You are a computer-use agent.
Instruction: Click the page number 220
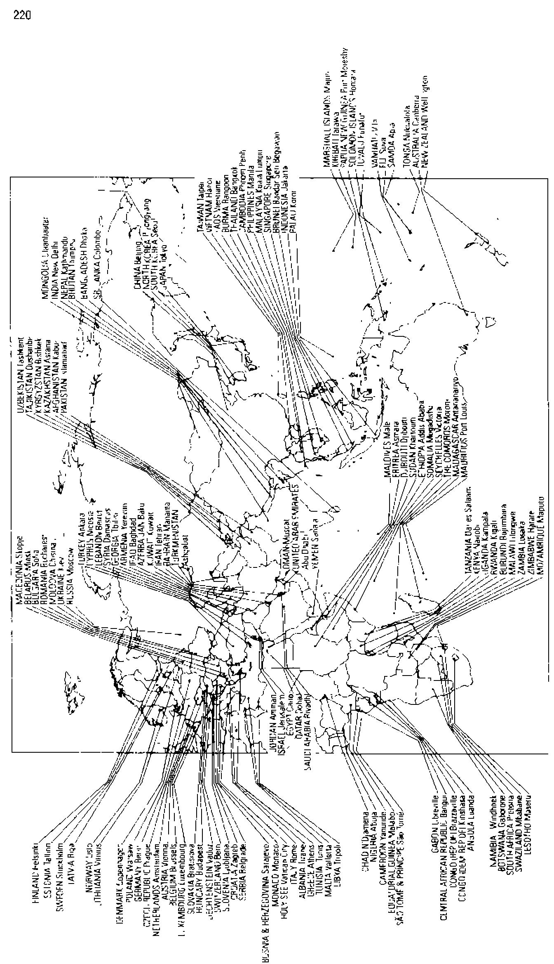coord(22,15)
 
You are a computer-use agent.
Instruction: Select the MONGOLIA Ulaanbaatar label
coord(46,254)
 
